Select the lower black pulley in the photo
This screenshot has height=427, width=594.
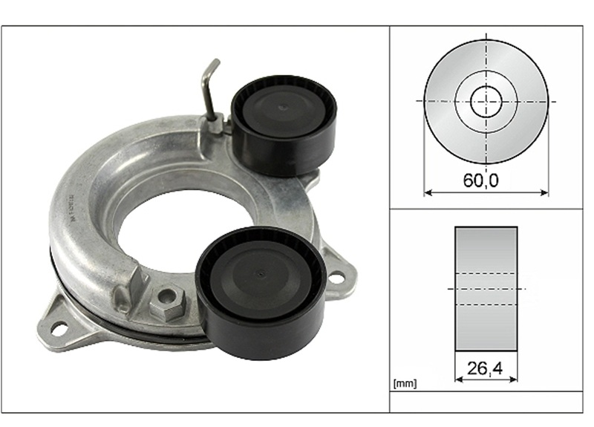pyautogui.click(x=260, y=292)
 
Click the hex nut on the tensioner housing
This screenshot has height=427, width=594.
pyautogui.click(x=164, y=302)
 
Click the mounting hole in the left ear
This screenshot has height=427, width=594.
pyautogui.click(x=59, y=327)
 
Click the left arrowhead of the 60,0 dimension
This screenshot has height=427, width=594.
pyautogui.click(x=428, y=193)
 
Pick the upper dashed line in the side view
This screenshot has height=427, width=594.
pyautogui.click(x=486, y=273)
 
